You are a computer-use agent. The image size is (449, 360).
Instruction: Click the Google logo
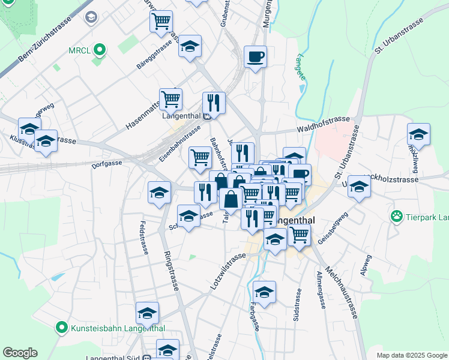(20, 353)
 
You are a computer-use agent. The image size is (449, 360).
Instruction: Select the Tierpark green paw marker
(397, 216)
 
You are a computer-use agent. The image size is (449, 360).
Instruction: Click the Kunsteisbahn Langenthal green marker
(61, 328)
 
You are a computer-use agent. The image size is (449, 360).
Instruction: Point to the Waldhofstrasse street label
(324, 125)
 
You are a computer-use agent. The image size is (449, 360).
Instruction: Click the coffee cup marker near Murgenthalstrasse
(256, 57)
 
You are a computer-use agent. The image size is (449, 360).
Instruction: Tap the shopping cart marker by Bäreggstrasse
(161, 22)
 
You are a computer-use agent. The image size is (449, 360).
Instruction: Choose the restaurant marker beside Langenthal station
(214, 103)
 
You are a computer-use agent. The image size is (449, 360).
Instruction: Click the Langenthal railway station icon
(206, 116)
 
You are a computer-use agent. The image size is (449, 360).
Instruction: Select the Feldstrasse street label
(144, 239)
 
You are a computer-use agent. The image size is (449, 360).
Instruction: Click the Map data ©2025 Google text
(411, 355)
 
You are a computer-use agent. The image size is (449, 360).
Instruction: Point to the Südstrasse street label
(297, 305)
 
